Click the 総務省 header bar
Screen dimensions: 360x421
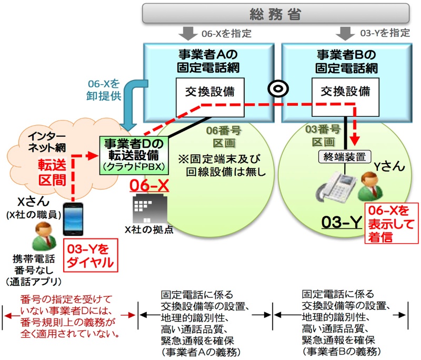276,13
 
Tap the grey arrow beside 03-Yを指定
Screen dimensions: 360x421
345,33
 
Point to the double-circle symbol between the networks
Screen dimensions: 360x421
276,88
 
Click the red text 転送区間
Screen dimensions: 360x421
52,172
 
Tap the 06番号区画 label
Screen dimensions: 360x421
221,136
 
